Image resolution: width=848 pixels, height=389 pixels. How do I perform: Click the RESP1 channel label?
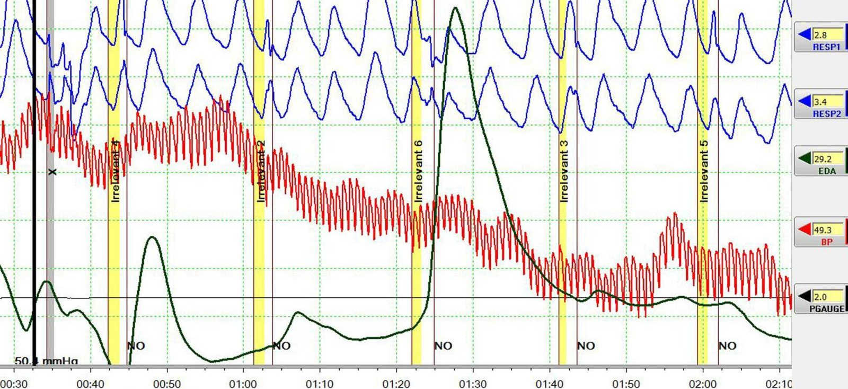(826, 47)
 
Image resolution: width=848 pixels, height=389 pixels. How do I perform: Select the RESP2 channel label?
(826, 113)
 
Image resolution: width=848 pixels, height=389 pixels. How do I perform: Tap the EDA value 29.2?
(823, 158)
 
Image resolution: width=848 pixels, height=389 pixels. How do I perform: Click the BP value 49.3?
(823, 229)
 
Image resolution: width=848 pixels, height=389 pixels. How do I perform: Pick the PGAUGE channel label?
(826, 308)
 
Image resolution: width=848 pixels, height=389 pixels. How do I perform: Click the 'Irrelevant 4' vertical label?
(116, 170)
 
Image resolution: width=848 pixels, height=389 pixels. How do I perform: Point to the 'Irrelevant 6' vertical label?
(418, 171)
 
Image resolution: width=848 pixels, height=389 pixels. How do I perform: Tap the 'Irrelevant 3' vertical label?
(563, 171)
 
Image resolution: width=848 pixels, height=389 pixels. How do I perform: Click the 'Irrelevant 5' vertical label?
(704, 171)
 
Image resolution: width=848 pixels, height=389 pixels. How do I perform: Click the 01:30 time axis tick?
(473, 383)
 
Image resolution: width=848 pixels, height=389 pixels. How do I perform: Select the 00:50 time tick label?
(167, 383)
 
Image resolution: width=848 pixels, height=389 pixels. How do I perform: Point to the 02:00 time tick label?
(703, 383)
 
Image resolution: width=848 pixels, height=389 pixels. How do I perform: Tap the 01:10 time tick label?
(320, 383)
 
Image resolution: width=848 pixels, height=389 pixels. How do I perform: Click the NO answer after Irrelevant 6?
(443, 346)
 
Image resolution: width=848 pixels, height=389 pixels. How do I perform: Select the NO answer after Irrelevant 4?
(136, 346)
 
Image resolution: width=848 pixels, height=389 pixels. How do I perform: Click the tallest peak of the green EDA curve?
(455, 8)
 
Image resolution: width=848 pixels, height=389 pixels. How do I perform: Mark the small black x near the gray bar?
(52, 172)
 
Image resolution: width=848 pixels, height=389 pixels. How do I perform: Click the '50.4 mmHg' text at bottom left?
(46, 361)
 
